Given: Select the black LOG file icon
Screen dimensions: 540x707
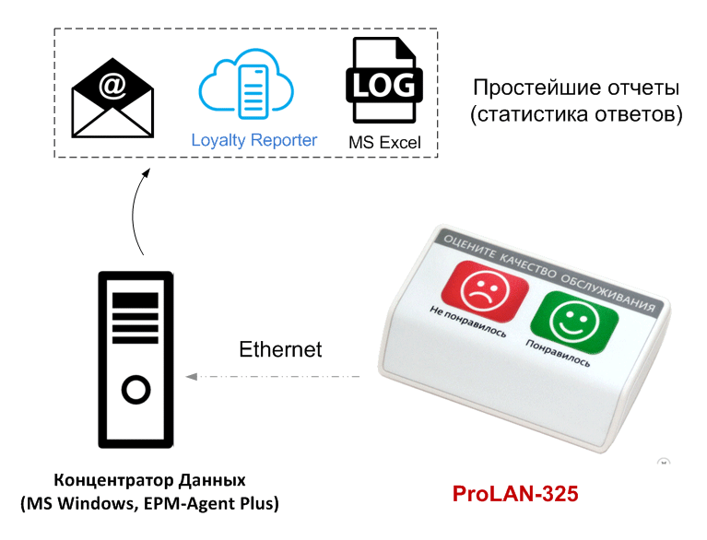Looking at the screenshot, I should coord(384,82).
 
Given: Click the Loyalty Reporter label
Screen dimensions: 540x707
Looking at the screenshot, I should coord(254,140).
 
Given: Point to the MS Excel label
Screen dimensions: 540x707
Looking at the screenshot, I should coord(384,143).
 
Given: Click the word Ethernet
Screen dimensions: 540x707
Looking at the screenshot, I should coord(280,349).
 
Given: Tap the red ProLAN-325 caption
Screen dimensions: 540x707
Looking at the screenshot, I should coord(515,494).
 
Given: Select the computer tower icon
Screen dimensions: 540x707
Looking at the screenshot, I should coord(136,359).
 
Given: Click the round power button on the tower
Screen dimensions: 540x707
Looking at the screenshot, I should coord(136,391).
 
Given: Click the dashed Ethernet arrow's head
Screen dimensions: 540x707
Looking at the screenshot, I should coord(191,377).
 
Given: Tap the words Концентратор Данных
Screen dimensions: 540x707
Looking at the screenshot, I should coord(150,481).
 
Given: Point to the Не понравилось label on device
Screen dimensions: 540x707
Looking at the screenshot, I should coord(468,322).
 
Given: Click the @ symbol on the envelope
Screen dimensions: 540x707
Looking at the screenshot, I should coord(112,86).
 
